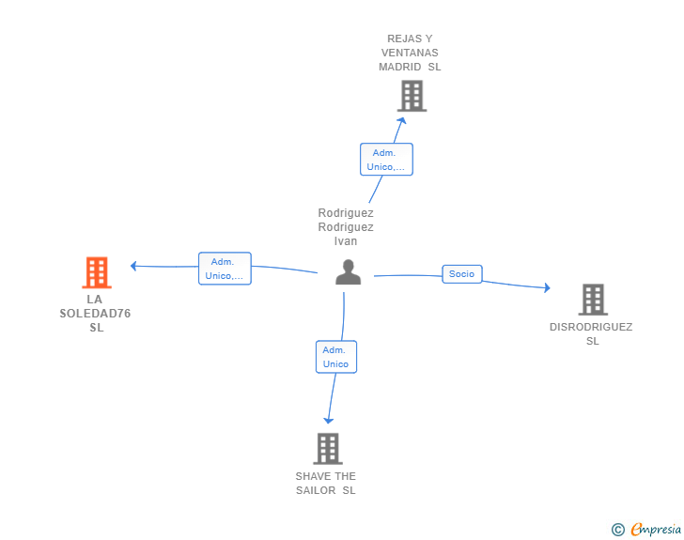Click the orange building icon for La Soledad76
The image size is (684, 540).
tap(97, 272)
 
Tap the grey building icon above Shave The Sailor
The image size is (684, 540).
tap(327, 448)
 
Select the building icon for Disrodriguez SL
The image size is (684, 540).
tap(592, 300)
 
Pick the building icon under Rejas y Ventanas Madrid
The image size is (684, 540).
tap(412, 96)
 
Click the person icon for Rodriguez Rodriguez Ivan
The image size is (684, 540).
tap(348, 272)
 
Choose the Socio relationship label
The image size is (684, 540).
tap(461, 274)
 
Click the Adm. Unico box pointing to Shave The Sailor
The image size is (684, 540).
tap(335, 357)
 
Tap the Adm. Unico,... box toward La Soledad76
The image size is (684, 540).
tap(225, 269)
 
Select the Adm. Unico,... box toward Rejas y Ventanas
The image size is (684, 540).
tap(385, 160)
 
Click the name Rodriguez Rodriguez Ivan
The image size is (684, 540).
tap(346, 227)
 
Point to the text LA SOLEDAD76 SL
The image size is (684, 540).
tap(97, 314)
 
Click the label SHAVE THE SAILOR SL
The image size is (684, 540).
tap(326, 484)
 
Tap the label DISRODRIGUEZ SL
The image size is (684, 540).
tap(591, 333)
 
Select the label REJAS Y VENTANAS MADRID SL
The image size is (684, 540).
tap(410, 53)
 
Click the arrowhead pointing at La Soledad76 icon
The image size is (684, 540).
tap(134, 266)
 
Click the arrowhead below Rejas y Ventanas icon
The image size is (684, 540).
tap(402, 120)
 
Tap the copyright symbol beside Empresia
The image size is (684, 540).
tap(617, 530)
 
